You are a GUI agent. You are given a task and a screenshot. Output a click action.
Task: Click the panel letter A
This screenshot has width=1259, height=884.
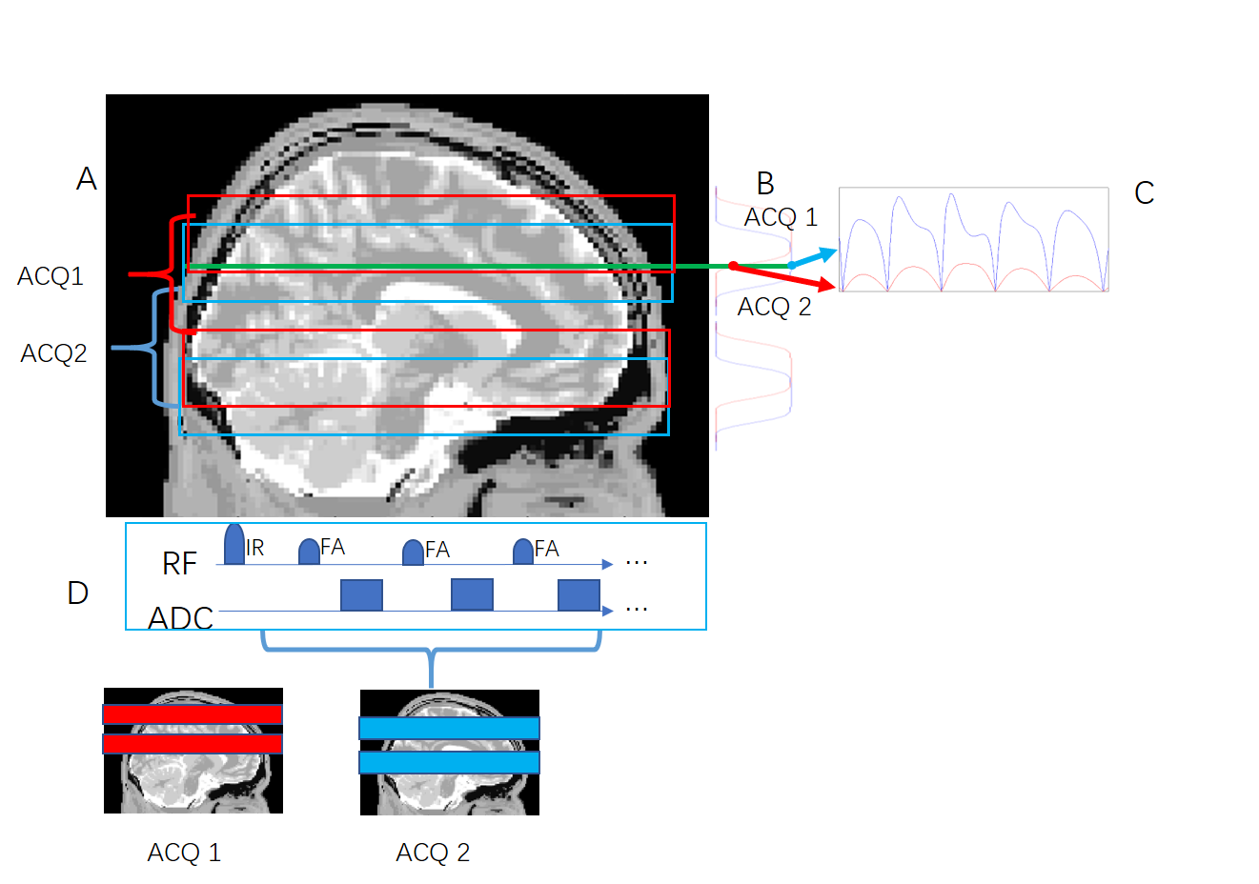click(87, 179)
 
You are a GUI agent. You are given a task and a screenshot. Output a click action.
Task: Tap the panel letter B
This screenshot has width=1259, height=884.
click(764, 183)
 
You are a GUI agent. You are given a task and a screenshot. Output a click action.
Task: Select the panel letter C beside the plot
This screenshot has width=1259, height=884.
click(1144, 193)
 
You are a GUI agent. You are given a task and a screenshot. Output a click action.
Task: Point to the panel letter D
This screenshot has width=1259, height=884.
click(77, 593)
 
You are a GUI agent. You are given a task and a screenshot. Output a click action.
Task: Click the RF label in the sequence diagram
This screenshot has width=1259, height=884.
click(179, 564)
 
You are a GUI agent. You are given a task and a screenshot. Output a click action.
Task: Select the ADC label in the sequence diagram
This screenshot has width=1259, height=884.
click(181, 618)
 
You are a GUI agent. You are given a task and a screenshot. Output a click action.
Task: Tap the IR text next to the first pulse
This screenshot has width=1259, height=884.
click(254, 549)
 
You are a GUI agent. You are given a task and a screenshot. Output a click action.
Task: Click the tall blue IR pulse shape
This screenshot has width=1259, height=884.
click(234, 544)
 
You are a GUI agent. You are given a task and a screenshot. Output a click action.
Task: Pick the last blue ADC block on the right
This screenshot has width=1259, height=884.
click(579, 594)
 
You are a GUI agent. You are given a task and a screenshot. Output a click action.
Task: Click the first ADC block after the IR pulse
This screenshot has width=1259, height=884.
click(361, 594)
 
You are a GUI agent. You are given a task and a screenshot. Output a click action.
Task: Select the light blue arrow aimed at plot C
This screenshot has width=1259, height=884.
click(814, 257)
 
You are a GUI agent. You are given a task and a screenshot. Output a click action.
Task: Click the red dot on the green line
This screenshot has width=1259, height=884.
click(733, 266)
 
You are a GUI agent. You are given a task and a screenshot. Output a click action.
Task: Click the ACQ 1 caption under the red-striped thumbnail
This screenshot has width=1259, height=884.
click(184, 853)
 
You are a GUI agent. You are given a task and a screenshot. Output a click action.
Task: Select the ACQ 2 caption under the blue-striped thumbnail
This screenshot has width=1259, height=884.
click(433, 853)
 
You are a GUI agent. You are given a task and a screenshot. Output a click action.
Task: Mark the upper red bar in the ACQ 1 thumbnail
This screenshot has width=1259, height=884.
click(193, 714)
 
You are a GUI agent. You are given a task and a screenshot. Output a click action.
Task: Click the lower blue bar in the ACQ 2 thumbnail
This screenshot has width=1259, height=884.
click(449, 762)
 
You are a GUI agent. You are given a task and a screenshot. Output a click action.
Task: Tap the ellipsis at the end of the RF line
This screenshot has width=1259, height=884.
click(637, 563)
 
